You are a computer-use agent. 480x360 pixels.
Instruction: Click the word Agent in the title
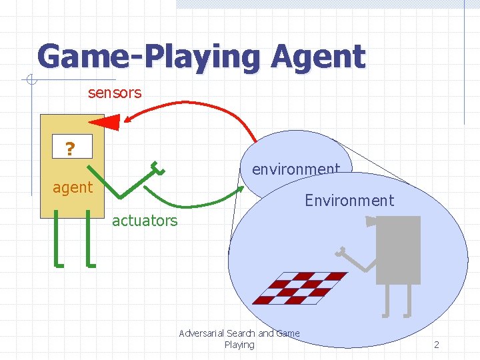coord(318,57)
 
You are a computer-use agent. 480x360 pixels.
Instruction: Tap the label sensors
coord(115,93)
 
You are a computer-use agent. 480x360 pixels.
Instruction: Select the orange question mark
coord(69,148)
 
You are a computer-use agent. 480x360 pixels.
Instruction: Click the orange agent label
coord(73,187)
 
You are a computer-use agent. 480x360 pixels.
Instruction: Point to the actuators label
coord(145,221)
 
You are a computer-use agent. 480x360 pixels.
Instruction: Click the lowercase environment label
coord(295,169)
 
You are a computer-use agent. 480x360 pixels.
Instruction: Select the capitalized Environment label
coord(349,200)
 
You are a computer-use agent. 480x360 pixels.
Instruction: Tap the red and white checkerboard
coord(301,287)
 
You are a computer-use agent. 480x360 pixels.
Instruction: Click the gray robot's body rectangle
coord(398,250)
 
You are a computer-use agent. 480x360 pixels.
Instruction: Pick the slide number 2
coord(437,345)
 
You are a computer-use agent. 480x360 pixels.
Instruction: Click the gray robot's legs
coord(397,299)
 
